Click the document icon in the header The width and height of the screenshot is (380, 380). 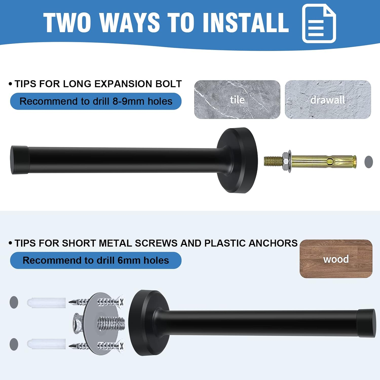[x=319, y=23]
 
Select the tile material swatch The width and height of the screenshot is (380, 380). [x=237, y=99]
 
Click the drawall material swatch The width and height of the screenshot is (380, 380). [x=328, y=99]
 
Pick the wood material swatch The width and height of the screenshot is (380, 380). [x=336, y=259]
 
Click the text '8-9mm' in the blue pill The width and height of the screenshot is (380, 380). [x=128, y=101]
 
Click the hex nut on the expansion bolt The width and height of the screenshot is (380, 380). [x=286, y=161]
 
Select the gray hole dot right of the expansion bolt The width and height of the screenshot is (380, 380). [x=369, y=162]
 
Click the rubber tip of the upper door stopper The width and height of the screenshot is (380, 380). [x=20, y=160]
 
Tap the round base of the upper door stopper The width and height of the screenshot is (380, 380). [x=237, y=160]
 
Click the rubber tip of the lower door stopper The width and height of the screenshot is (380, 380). [x=367, y=323]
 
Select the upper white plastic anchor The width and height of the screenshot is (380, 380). [x=46, y=303]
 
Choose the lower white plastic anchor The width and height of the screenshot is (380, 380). [x=46, y=344]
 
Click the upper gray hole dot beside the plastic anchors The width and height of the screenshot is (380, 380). [x=14, y=302]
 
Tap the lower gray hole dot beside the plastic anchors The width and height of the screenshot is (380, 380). [x=14, y=344]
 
